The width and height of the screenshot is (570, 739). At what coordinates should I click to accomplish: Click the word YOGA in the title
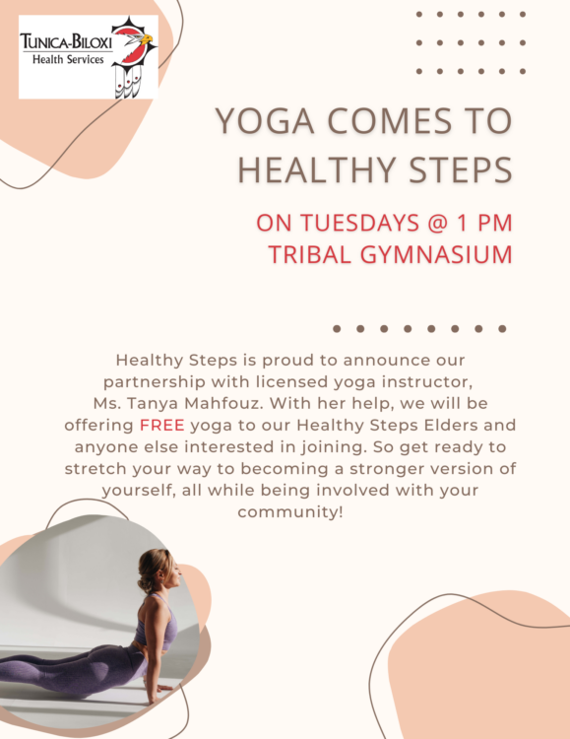click(x=265, y=120)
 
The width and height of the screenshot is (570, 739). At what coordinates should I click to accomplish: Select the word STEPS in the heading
click(x=461, y=169)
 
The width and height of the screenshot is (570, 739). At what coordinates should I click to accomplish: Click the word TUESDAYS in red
click(x=360, y=223)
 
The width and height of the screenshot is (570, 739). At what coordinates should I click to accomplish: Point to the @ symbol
click(x=438, y=223)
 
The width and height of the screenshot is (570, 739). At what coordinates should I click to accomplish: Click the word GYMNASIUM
click(x=436, y=254)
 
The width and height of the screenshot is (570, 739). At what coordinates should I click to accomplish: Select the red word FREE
click(x=162, y=425)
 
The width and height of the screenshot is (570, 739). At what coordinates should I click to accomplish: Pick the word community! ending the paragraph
click(x=290, y=512)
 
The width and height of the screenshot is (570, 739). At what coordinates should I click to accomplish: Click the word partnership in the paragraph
click(x=155, y=382)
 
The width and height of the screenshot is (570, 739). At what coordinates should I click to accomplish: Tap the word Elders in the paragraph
click(x=451, y=425)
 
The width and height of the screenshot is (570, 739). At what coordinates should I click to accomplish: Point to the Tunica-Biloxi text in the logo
click(x=66, y=42)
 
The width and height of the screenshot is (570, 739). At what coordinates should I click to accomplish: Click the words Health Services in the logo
click(x=68, y=59)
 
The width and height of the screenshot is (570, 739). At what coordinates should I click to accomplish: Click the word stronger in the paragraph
click(x=385, y=469)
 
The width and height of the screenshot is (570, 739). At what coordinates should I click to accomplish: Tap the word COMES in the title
click(x=389, y=120)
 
